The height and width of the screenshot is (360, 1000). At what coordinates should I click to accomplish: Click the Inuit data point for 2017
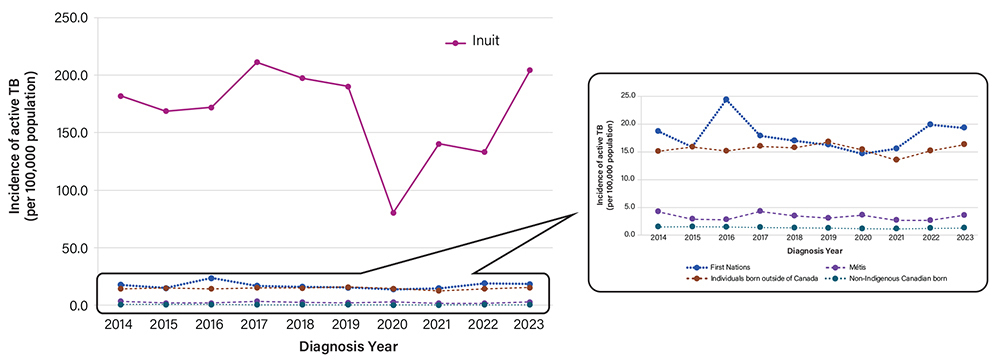(x=257, y=62)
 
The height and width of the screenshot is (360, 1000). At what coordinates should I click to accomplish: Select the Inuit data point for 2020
(x=393, y=213)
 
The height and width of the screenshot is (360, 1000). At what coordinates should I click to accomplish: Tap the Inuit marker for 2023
(x=529, y=70)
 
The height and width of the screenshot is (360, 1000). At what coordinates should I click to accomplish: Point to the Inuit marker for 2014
(x=121, y=96)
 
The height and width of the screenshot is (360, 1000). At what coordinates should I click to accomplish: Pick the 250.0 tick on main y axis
(x=73, y=18)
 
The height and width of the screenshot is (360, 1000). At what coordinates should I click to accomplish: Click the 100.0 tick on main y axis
(x=73, y=190)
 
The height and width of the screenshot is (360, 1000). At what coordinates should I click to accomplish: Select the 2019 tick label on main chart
(x=348, y=325)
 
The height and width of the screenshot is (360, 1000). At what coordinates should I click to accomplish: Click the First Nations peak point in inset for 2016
(x=726, y=100)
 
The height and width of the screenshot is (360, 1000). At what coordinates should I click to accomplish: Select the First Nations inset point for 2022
(x=930, y=125)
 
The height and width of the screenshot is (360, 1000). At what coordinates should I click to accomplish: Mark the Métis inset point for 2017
(x=760, y=211)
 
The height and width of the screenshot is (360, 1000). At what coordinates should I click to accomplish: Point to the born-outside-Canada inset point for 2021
(x=896, y=160)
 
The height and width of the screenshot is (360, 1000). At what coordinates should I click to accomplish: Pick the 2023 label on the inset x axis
(x=964, y=240)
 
